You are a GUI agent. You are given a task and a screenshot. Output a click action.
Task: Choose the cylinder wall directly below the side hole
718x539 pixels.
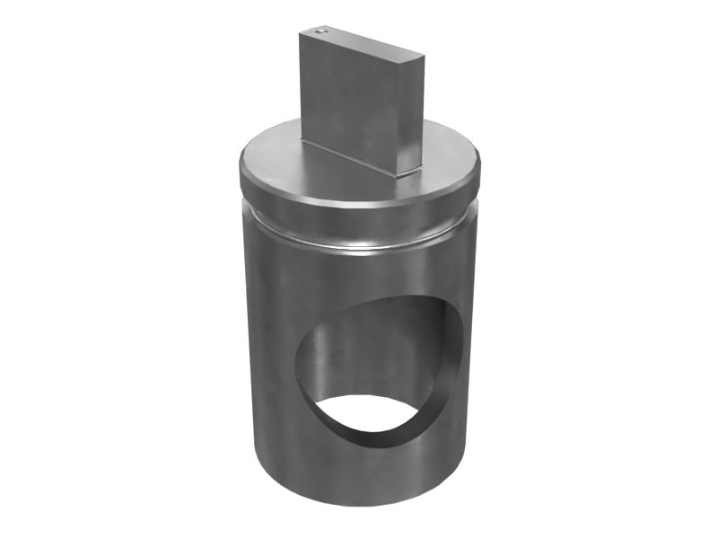359,476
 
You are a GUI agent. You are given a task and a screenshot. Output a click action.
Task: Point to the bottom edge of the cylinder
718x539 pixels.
359,512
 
